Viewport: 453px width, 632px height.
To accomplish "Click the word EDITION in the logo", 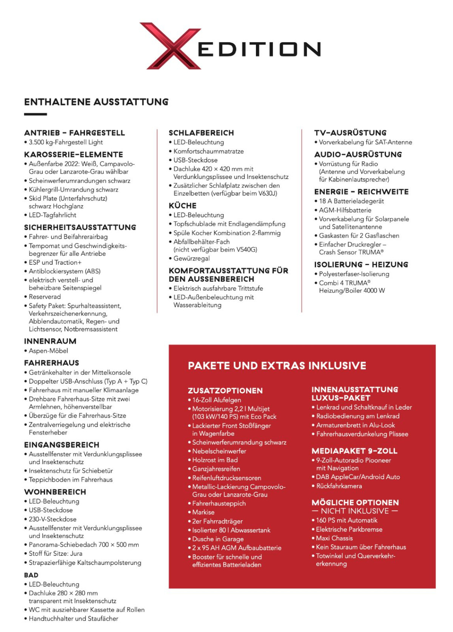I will tap(259, 49).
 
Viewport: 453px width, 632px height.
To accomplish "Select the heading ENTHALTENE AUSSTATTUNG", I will tap(96, 102).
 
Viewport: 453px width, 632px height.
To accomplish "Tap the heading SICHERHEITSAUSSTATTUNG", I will tap(80, 227).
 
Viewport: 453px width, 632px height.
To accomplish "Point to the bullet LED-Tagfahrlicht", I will tap(52, 215).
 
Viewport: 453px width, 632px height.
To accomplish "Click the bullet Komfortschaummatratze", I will tap(208, 151).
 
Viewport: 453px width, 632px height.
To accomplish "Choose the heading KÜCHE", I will tap(183, 206).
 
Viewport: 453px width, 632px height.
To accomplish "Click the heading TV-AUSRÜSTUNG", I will tap(350, 133).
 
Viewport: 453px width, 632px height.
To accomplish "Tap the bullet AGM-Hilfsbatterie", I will tap(345, 210).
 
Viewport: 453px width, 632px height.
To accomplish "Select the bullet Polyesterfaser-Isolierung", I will tap(354, 274).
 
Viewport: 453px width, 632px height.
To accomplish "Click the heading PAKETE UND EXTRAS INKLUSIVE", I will tap(277, 366).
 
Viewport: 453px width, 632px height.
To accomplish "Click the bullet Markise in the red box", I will tap(203, 512).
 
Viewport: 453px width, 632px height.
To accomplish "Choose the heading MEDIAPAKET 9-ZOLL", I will tap(354, 451).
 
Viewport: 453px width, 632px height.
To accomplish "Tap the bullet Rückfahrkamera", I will tap(339, 486).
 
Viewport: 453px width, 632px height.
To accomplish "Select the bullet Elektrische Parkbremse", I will tap(349, 530).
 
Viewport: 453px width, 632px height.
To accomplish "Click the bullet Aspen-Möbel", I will tap(48, 351).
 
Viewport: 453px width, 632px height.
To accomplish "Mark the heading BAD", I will tap(31, 575).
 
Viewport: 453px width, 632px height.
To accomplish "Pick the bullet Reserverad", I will tap(45, 297).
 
